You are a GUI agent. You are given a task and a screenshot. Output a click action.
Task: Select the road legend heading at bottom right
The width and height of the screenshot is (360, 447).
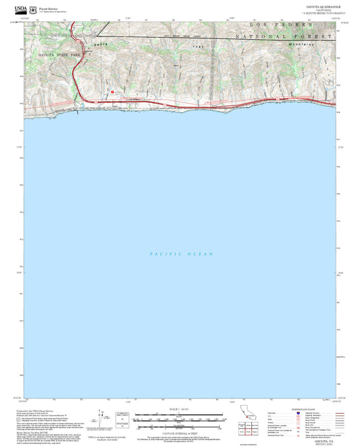(303, 410)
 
